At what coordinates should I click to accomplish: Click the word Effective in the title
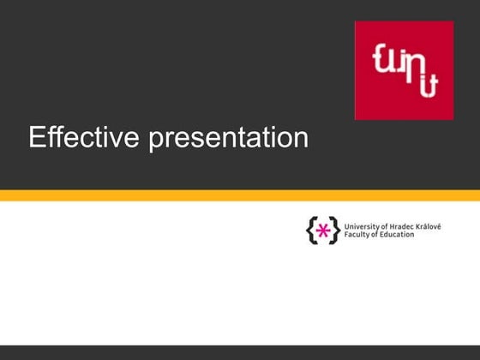[x=85, y=137]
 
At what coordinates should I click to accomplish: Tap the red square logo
[x=404, y=69]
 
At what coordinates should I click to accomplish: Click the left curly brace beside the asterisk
[x=310, y=230]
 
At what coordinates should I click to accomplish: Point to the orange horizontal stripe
[x=240, y=195]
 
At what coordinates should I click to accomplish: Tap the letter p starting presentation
[x=157, y=140]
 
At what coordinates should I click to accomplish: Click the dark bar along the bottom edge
[x=240, y=352]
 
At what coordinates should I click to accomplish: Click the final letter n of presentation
[x=301, y=138]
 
